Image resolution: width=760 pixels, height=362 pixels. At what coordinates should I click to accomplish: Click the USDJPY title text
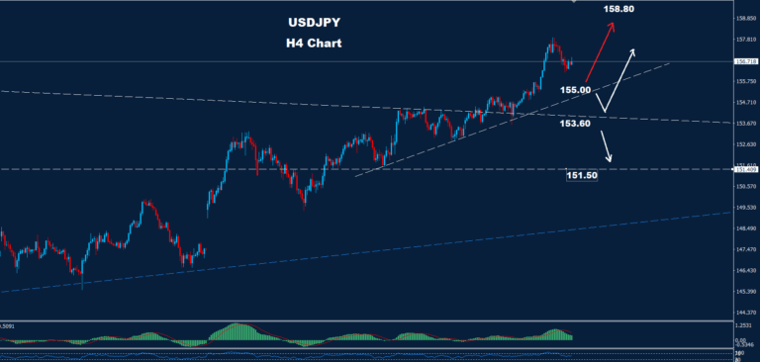click(x=313, y=23)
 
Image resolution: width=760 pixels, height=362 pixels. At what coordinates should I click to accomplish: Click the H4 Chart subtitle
click(x=313, y=44)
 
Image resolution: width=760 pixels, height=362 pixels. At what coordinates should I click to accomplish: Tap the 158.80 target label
click(x=617, y=10)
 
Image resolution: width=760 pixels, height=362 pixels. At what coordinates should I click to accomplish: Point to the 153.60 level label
click(x=575, y=124)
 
